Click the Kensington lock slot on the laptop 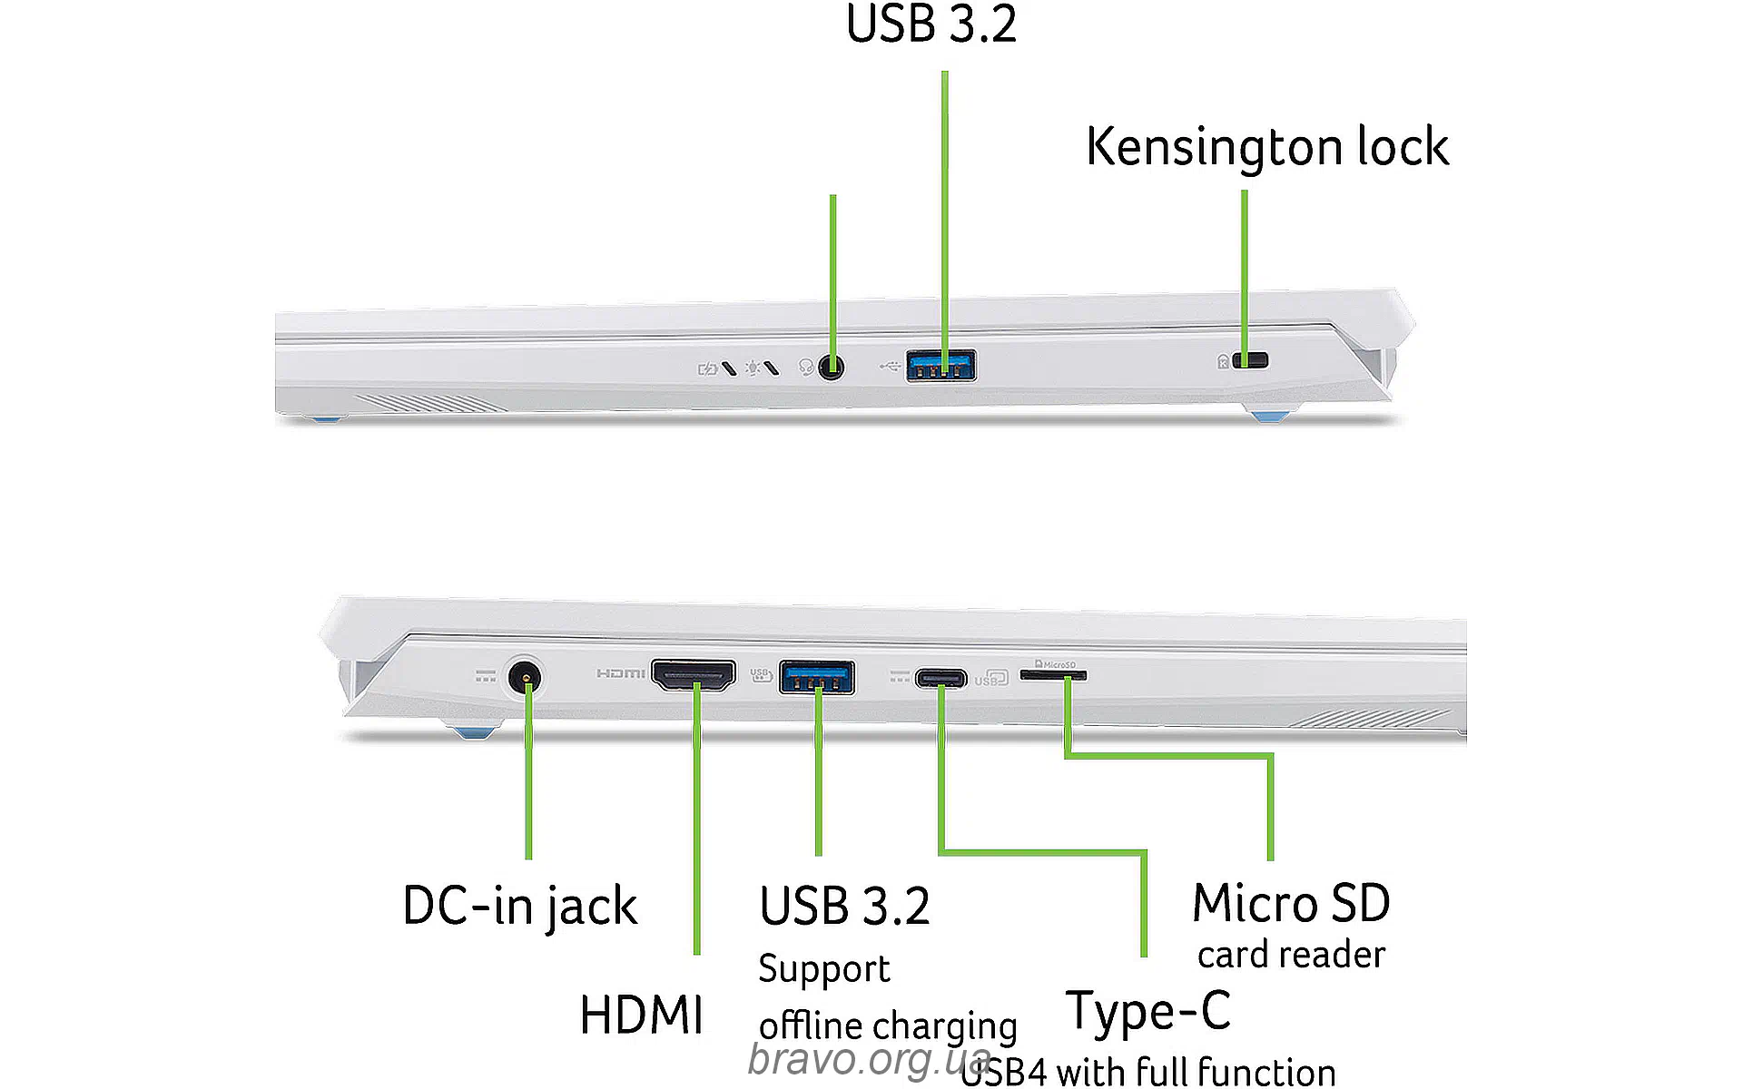(1252, 360)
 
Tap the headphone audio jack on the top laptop (831, 368)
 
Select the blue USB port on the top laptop (941, 366)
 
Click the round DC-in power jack (523, 677)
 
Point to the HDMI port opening (694, 675)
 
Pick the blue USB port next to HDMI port (817, 677)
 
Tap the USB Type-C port (940, 677)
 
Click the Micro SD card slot (1053, 675)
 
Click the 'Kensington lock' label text (1267, 147)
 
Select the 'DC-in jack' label (519, 906)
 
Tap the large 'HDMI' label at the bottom (641, 1015)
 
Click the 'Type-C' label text (1148, 1011)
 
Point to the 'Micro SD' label (1291, 903)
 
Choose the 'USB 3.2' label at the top (931, 25)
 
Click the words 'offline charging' (888, 1026)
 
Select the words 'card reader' (1291, 955)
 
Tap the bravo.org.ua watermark (869, 1059)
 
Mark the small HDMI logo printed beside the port (621, 673)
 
